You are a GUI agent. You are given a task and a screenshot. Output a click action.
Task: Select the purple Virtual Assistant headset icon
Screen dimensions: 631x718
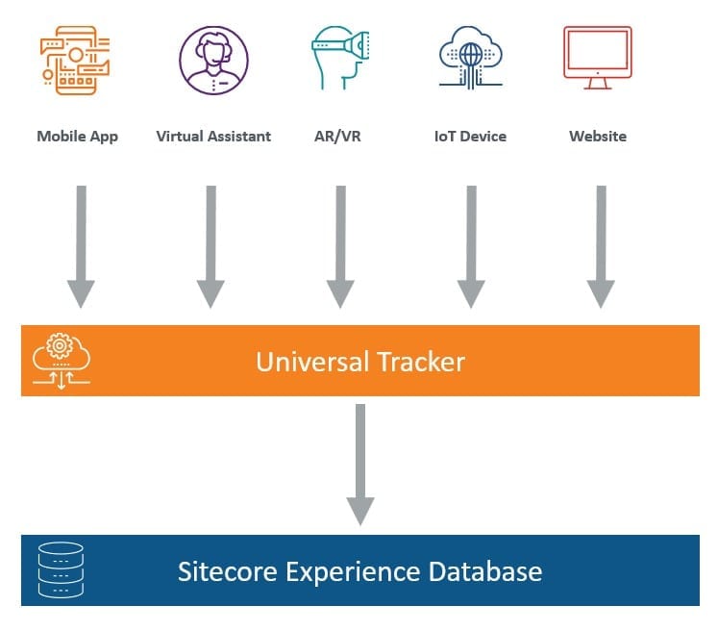coord(212,60)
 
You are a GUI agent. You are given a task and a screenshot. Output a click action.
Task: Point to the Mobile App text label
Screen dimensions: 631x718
coord(77,136)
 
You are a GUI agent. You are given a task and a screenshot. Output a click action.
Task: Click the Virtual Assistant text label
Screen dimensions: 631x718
coord(213,136)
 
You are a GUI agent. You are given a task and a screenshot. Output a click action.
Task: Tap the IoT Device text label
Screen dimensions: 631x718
coord(469,136)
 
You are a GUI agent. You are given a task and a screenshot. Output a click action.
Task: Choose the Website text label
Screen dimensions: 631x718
coord(597,136)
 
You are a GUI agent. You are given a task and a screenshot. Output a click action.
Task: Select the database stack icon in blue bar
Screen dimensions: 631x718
coord(60,570)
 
